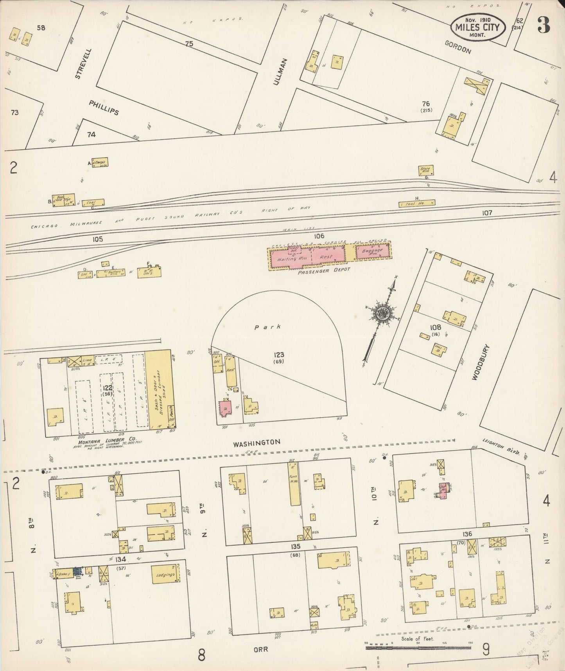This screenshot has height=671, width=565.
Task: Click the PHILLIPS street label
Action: click(104, 107)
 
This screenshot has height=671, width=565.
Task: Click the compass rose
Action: click(383, 313)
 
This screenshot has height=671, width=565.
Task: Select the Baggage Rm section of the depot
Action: click(373, 251)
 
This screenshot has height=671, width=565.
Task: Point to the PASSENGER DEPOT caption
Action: click(323, 270)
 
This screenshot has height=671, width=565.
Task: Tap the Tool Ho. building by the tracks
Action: click(417, 204)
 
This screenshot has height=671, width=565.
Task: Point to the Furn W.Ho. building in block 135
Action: click(294, 484)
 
